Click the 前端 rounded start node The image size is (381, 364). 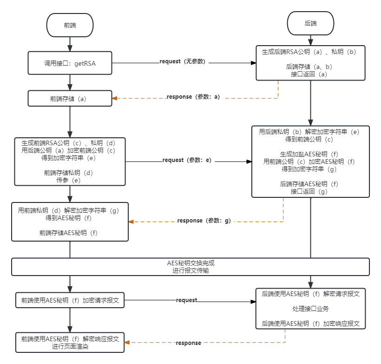click(70, 25)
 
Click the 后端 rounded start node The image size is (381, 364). click(310, 23)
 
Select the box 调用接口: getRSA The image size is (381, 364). click(70, 63)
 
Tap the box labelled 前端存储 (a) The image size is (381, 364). click(70, 99)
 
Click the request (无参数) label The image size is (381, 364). click(183, 61)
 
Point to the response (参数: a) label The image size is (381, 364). click(195, 96)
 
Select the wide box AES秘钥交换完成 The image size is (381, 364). click(190, 266)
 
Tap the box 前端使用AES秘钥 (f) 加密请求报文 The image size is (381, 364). click(70, 300)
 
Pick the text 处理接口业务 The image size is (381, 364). click(310, 309)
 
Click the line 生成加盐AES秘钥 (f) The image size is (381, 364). click(310, 154)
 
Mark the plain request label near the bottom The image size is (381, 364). click(186, 300)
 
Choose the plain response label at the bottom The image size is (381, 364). click(188, 343)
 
